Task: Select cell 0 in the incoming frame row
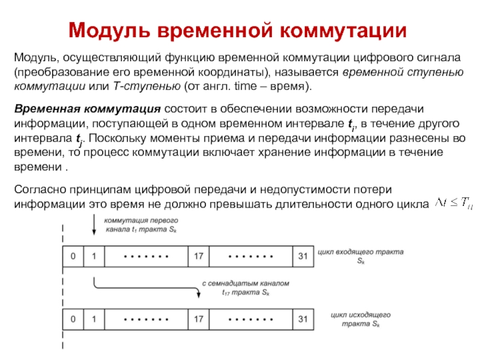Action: pos(73,256)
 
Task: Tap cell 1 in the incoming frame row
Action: pos(94,256)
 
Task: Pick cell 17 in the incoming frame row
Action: pos(199,256)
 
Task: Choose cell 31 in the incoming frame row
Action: pos(302,256)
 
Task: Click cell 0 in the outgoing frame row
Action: pos(73,318)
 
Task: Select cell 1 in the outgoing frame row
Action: pos(94,318)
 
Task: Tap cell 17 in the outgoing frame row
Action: pos(199,318)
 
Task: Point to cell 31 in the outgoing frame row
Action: pos(302,318)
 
